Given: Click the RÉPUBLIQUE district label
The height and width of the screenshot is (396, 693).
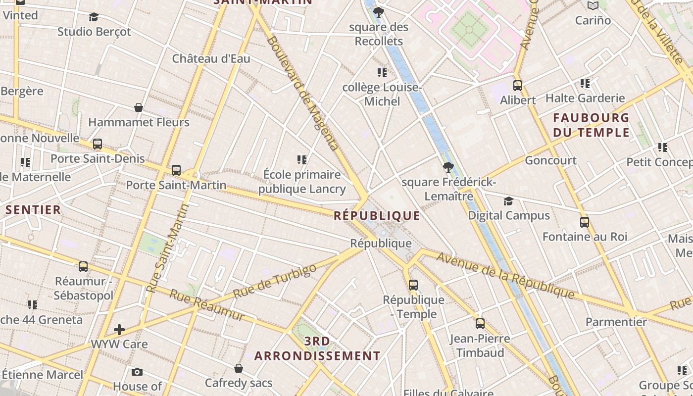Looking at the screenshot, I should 377,216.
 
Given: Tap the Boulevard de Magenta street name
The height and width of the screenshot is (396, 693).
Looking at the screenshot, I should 302,93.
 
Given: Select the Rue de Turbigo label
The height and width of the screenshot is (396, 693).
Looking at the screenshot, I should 274,282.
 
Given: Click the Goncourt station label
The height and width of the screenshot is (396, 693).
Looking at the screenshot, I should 550,160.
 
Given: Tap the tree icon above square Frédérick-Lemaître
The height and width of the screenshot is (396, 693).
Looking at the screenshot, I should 448,167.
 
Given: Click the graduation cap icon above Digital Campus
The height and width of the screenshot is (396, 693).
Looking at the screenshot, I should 508,201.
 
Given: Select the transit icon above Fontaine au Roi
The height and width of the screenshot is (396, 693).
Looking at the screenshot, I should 585,222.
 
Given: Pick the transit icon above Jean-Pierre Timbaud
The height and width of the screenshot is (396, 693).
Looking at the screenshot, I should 480,324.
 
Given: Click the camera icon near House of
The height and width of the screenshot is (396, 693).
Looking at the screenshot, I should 137,372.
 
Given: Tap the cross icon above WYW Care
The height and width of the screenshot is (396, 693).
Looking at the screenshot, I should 119,330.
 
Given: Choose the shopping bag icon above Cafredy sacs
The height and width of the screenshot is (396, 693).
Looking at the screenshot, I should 239,368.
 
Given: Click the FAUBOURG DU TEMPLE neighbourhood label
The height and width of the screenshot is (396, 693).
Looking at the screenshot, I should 591,125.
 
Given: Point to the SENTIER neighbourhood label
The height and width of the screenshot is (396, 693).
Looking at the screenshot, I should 33,209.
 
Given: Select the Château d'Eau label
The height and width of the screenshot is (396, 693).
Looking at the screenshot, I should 211,58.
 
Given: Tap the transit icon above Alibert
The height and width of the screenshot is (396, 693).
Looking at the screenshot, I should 518,85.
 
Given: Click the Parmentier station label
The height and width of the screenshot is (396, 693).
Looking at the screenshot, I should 616,322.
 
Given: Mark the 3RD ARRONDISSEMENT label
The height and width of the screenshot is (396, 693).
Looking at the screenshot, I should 317,348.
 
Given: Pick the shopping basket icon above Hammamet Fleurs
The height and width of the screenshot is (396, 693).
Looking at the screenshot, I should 139,107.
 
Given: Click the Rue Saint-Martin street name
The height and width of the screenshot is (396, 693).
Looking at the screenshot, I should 168,247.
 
